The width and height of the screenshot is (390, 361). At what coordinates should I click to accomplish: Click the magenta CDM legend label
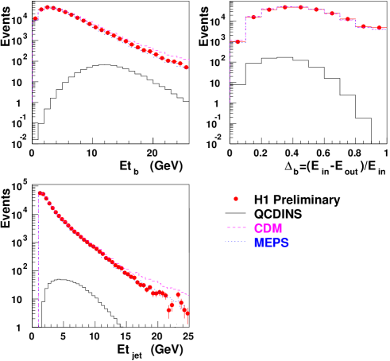[x=268, y=228]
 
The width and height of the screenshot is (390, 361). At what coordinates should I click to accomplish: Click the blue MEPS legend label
[x=271, y=243]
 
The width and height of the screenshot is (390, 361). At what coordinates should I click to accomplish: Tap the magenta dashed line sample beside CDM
[x=236, y=228]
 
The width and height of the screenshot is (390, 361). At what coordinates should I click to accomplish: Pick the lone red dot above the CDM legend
[x=235, y=199]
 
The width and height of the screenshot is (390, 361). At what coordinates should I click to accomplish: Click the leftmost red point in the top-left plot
[x=36, y=18]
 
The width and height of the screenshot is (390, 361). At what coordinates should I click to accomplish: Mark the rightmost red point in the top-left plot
[x=186, y=68]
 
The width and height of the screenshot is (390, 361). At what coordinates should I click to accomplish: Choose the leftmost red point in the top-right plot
[x=253, y=17]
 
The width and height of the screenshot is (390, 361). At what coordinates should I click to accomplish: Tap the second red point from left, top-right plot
[x=269, y=10]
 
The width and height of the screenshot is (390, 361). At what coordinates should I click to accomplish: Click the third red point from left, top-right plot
[x=284, y=7]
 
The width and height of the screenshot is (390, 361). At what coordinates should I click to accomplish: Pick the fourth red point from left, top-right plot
[x=300, y=7]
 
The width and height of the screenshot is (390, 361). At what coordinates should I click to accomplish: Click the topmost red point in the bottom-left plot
[x=41, y=192]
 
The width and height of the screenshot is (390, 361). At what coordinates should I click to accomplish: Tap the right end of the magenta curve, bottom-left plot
[x=189, y=295]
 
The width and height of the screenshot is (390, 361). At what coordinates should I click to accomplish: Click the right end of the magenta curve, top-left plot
[x=189, y=60]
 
